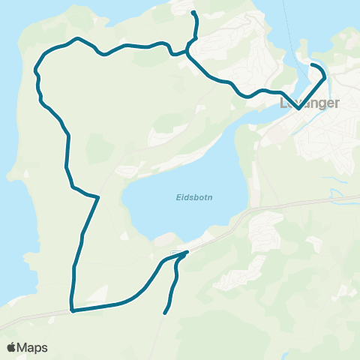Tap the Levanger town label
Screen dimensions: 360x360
310,103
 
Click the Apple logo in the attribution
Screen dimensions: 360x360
12,348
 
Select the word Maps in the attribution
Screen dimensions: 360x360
33,348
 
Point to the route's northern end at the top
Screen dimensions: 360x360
193,13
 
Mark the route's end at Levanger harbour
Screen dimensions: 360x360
312,65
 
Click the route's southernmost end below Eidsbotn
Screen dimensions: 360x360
165,313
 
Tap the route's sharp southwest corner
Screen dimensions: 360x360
72,310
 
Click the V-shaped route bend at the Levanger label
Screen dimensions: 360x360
298,108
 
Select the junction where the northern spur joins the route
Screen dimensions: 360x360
189,51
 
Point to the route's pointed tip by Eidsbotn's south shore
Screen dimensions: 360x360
186,253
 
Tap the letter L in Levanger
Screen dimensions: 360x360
283,103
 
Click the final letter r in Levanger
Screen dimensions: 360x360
338,103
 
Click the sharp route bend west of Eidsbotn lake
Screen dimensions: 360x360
97,197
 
